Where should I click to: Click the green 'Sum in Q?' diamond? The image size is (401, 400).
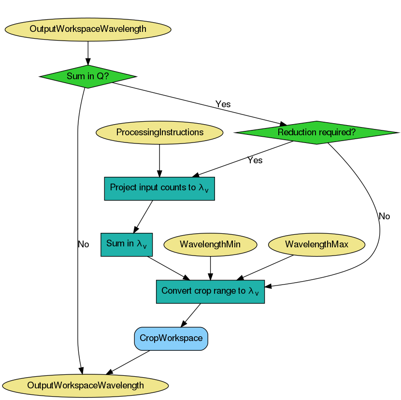tap(87, 76)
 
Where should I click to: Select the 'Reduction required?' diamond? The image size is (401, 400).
tap(316, 132)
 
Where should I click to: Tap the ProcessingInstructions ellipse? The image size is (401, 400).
tap(159, 132)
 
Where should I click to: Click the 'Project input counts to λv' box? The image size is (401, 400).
tap(159, 188)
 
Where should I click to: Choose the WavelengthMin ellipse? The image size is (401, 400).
tap(210, 244)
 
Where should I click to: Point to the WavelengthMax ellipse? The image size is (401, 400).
tap(316, 244)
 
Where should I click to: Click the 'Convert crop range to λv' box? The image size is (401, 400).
tap(210, 291)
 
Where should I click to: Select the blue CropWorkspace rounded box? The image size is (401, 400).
tap(171, 338)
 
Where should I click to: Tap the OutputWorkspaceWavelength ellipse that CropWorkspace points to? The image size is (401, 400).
tap(86, 385)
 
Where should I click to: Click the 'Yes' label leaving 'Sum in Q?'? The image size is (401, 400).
tap(223, 104)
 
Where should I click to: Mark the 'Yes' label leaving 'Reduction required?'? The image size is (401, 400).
tap(255, 160)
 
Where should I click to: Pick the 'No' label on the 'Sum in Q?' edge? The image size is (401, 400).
tap(83, 244)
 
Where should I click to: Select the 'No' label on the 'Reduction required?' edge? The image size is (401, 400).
tap(384, 216)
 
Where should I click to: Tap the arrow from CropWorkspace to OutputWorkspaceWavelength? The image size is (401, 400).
tap(128, 362)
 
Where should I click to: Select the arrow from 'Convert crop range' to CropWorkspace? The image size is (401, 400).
tap(191, 315)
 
